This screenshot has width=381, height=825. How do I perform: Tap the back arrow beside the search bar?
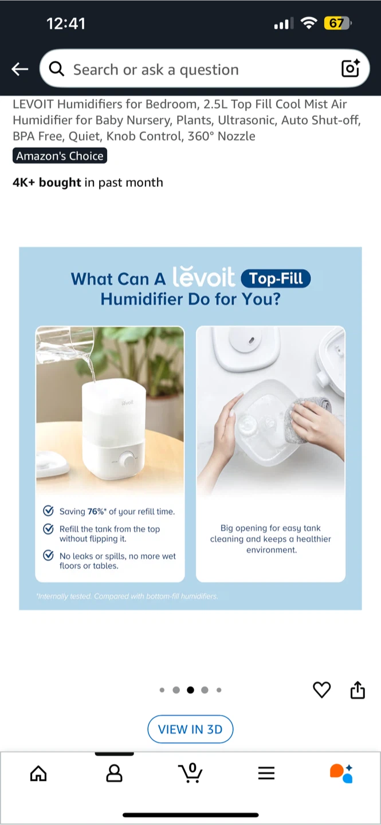(x=20, y=69)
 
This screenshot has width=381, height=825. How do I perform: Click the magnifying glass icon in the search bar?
(x=57, y=69)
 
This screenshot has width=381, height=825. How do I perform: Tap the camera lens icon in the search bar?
(x=351, y=68)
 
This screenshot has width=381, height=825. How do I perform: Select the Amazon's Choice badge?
(x=60, y=156)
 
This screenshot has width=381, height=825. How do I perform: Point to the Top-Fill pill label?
(x=276, y=278)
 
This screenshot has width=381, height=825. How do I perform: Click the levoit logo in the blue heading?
(x=203, y=276)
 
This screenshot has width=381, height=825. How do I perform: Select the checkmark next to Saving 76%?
(x=48, y=511)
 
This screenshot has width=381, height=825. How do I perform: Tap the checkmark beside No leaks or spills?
(x=48, y=555)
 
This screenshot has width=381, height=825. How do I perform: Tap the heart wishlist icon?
(x=321, y=690)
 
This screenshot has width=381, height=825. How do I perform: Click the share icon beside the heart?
(x=358, y=690)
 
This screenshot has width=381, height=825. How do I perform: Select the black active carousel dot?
(x=190, y=690)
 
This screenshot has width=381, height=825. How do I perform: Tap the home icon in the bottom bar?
(x=38, y=773)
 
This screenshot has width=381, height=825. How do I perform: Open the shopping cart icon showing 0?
(x=190, y=773)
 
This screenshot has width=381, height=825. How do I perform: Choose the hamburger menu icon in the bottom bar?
(x=266, y=773)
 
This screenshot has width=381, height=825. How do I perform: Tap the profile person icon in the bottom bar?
(x=114, y=773)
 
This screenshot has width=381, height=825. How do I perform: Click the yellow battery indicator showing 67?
(x=337, y=23)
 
